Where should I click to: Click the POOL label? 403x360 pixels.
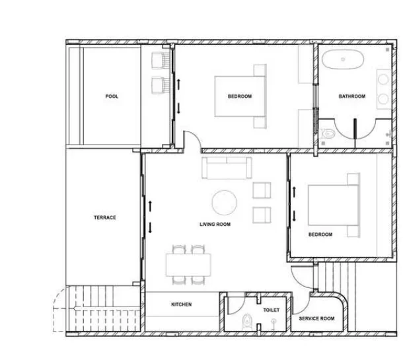pyautogui.click(x=112, y=96)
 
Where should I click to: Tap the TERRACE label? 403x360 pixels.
pyautogui.click(x=105, y=217)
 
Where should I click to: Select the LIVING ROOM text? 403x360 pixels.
pyautogui.click(x=215, y=225)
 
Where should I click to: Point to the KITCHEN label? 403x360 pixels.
pyautogui.click(x=182, y=305)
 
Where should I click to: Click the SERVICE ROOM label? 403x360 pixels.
pyautogui.click(x=316, y=318)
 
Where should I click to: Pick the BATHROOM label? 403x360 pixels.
pyautogui.click(x=352, y=96)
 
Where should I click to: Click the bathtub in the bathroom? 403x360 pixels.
pyautogui.click(x=343, y=59)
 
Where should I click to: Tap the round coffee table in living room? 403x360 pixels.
pyautogui.click(x=225, y=203)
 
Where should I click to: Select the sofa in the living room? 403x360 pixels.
pyautogui.click(x=227, y=168)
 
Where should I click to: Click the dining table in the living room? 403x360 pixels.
pyautogui.click(x=188, y=265)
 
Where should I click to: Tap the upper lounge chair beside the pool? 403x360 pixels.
pyautogui.click(x=161, y=61)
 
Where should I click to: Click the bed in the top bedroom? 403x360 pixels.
pyautogui.click(x=240, y=96)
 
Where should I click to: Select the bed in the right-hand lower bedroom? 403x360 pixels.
pyautogui.click(x=334, y=205)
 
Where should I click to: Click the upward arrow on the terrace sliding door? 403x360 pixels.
pyautogui.click(x=150, y=206)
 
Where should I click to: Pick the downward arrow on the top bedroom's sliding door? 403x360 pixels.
pyautogui.click(x=178, y=108)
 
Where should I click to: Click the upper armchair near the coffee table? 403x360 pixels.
pyautogui.click(x=262, y=190)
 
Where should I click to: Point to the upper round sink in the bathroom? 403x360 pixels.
pyautogui.click(x=383, y=79)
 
